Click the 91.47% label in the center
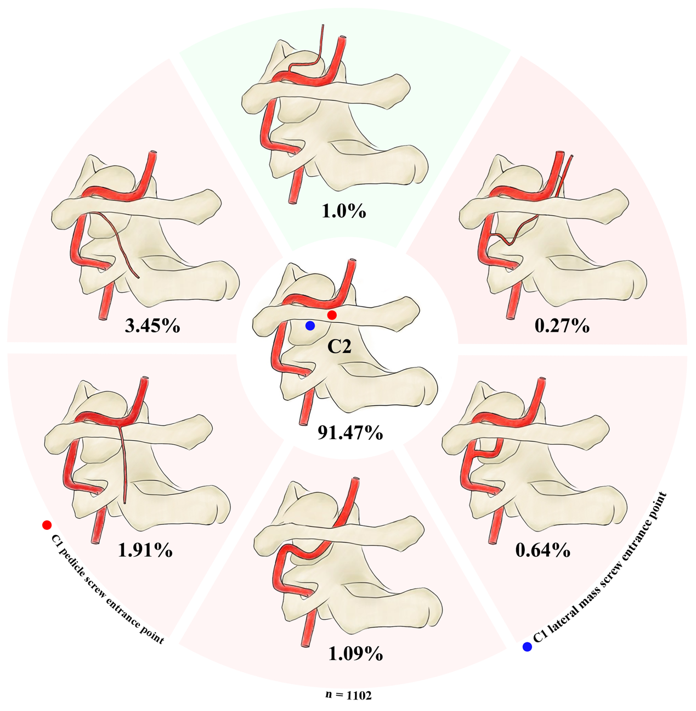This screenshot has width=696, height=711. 350,433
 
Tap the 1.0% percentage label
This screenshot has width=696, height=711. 344,211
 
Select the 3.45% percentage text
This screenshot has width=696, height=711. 152,326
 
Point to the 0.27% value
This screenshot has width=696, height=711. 562,326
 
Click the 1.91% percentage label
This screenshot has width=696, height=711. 145,550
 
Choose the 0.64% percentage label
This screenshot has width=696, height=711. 543,550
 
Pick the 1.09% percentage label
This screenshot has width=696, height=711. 355,654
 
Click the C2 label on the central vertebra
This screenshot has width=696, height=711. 339,346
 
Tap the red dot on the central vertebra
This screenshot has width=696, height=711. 332,315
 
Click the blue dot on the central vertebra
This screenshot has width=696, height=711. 310,326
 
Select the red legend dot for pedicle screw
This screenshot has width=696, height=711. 47,525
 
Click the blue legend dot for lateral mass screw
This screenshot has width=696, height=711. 527,647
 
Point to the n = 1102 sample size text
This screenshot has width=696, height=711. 348,695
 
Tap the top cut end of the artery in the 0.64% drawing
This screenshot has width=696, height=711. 542,380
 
